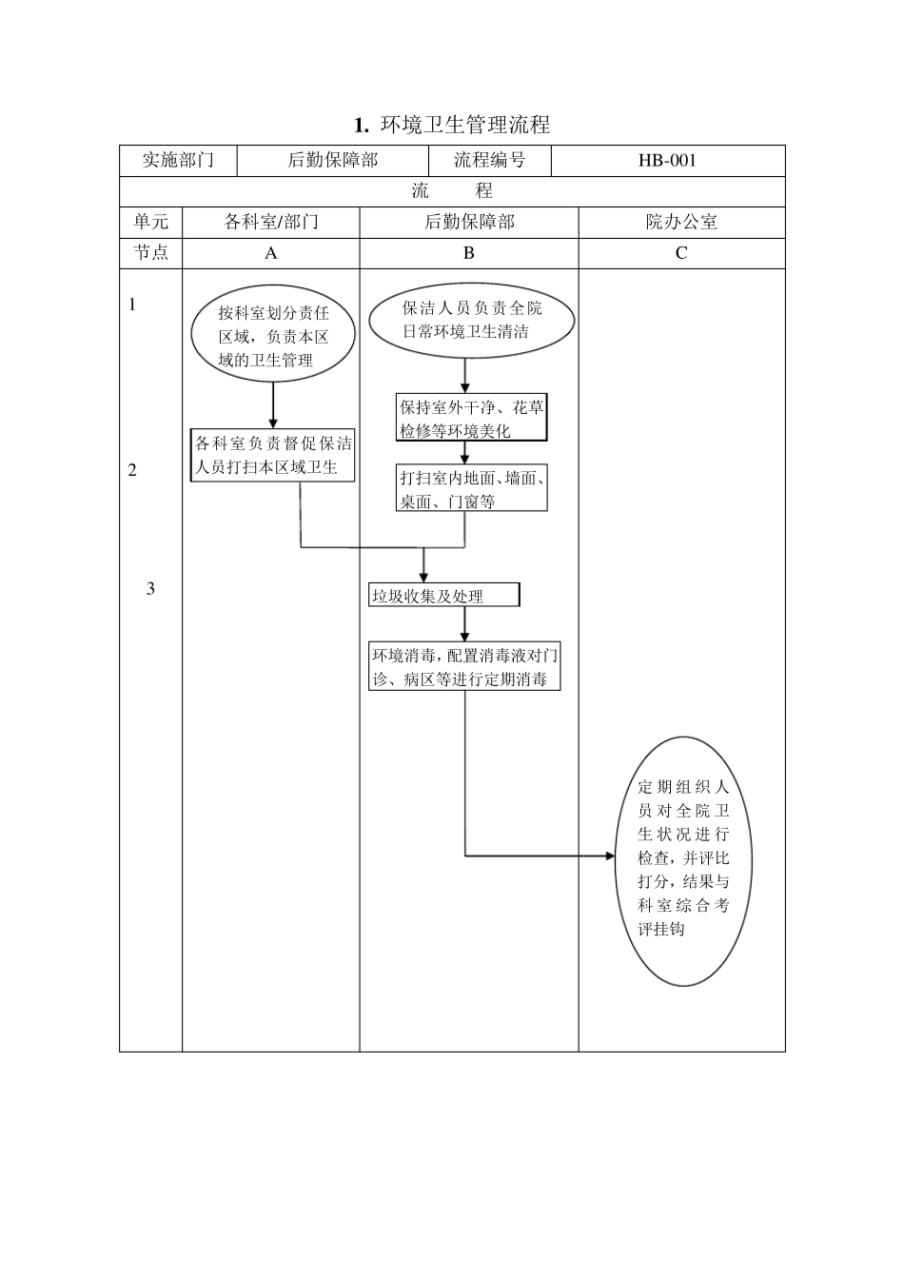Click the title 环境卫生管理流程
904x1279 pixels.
[x=452, y=125]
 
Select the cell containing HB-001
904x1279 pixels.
[x=667, y=160]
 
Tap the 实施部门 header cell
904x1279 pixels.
[x=178, y=160]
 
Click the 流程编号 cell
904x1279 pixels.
[x=489, y=160]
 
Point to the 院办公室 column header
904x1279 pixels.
[x=681, y=222]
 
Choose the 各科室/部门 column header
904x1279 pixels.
[x=271, y=222]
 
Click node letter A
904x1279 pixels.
[x=271, y=253]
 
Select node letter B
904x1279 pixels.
[x=468, y=253]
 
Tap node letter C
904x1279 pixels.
[x=681, y=253]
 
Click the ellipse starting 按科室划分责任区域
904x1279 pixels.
[x=273, y=336]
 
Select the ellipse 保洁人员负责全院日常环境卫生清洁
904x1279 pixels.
[x=471, y=321]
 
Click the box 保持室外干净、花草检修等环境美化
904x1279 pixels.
[x=472, y=419]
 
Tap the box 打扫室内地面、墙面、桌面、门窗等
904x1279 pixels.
[x=472, y=489]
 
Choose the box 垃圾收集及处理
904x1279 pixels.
[x=444, y=596]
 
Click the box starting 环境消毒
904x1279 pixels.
[x=464, y=667]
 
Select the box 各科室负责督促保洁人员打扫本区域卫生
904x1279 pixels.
[x=273, y=455]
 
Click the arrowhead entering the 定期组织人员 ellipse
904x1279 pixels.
[x=611, y=856]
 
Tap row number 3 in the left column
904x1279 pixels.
[x=150, y=589]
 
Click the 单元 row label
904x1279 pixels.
[x=150, y=222]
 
